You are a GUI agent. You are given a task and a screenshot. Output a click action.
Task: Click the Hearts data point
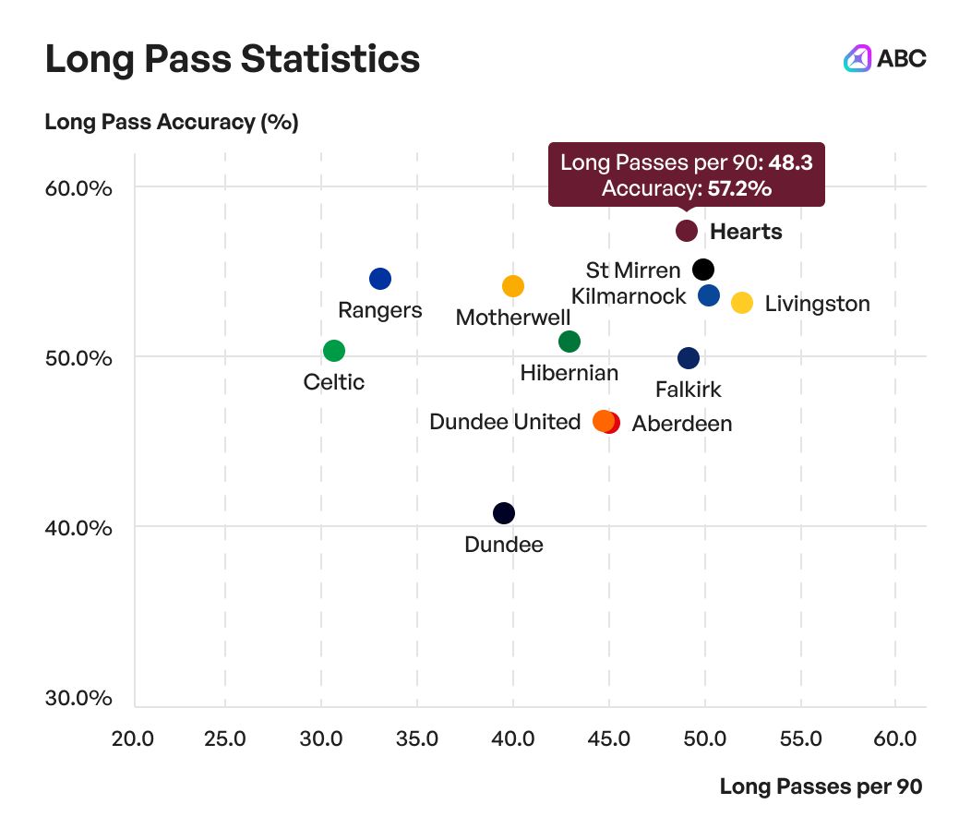click(x=686, y=231)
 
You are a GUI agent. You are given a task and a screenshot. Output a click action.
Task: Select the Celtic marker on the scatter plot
click(x=334, y=351)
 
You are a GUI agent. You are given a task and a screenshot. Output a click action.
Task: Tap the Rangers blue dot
click(x=379, y=279)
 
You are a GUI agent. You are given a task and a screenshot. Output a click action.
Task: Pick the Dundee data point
click(x=503, y=513)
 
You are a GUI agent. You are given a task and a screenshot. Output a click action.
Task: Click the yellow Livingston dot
click(x=742, y=303)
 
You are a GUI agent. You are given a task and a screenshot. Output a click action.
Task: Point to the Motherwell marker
click(x=512, y=286)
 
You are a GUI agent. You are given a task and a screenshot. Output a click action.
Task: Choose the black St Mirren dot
click(x=703, y=270)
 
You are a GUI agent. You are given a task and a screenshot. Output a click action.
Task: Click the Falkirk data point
click(x=689, y=358)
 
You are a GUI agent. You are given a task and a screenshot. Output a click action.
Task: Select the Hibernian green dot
click(x=569, y=342)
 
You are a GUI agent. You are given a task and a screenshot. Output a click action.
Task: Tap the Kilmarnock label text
click(x=629, y=296)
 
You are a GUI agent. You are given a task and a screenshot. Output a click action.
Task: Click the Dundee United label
click(x=505, y=422)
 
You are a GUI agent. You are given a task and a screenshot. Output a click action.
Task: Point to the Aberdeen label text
click(x=682, y=424)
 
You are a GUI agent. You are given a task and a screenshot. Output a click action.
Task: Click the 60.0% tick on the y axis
click(x=79, y=188)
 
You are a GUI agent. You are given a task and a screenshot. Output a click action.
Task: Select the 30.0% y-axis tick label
click(x=79, y=698)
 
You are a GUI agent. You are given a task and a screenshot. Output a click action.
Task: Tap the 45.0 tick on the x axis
click(x=609, y=739)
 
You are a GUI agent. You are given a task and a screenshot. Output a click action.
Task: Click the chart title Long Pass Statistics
click(x=233, y=60)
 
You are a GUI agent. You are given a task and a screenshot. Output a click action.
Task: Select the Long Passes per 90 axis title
click(x=821, y=786)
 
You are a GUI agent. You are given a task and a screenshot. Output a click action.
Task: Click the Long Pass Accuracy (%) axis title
click(x=172, y=122)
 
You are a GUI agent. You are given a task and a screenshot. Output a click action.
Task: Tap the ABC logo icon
click(x=857, y=59)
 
